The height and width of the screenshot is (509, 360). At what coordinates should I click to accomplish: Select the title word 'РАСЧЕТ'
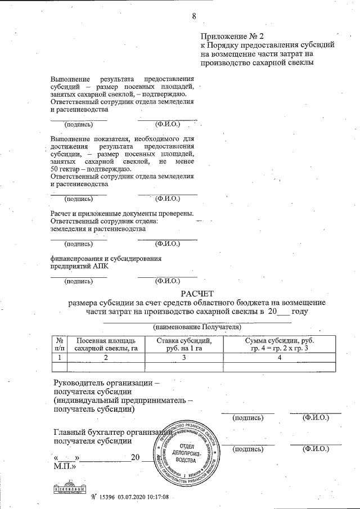tap(197, 293)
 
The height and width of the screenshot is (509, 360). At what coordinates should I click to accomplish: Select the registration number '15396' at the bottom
tap(107, 497)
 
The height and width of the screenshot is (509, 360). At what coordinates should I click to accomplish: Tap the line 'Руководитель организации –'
tap(106, 383)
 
